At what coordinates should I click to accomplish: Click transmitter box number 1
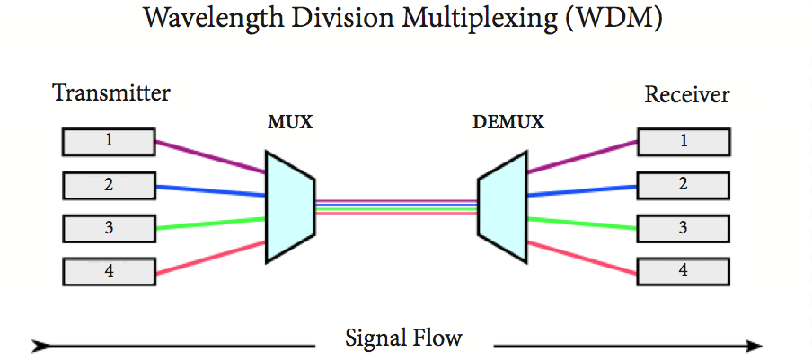click(108, 141)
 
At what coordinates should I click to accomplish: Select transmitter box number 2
click(108, 185)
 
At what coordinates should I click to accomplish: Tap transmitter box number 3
click(108, 228)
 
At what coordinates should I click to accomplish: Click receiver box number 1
click(683, 141)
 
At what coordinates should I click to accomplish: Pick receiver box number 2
click(683, 185)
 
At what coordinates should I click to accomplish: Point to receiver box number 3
click(683, 228)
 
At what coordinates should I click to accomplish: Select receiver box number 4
click(683, 270)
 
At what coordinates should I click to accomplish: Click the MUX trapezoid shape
click(288, 206)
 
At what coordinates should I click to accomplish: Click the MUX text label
click(290, 122)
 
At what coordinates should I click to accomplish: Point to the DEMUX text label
click(508, 122)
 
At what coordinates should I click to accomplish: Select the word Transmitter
click(111, 92)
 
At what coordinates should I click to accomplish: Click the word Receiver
click(687, 94)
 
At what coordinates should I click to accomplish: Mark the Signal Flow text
click(403, 338)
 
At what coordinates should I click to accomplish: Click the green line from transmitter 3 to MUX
click(211, 224)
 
